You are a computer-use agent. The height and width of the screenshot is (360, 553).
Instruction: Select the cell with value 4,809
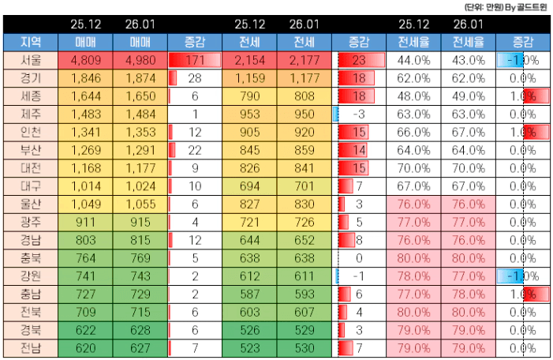[x=85, y=60]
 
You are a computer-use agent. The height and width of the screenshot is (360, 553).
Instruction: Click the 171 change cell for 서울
[x=194, y=60]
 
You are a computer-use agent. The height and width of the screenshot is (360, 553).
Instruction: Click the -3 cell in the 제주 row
[x=358, y=114]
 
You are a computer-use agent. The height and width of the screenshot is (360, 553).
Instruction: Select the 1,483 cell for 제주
[x=85, y=114]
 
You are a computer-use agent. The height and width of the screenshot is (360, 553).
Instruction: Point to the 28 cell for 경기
[x=194, y=78]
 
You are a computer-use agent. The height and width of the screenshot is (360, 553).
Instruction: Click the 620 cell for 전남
[x=85, y=348]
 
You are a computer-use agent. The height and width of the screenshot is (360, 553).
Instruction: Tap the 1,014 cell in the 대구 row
[x=85, y=186]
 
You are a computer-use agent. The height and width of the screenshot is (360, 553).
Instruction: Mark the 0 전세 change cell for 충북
[x=358, y=258]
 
